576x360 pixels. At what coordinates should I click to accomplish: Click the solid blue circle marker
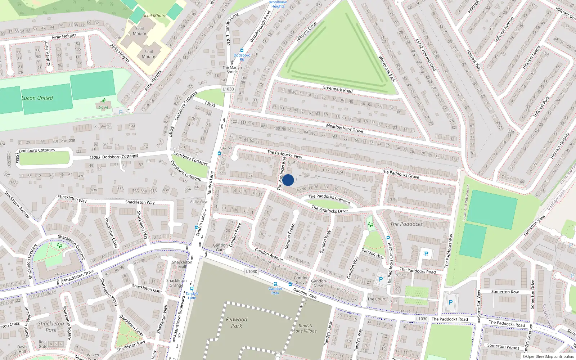pos(288,180)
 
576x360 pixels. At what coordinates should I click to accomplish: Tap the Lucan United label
pos(37,98)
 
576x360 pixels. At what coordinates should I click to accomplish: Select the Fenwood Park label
pos(237,323)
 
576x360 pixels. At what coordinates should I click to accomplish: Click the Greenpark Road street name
pos(337,89)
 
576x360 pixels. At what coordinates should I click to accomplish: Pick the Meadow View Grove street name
pos(345,128)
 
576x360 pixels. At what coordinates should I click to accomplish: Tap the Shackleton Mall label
pos(182,264)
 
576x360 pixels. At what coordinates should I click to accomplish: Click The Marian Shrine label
pos(232,69)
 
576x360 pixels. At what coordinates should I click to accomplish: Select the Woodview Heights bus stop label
pos(278,4)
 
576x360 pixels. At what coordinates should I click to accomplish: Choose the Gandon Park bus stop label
pos(275,291)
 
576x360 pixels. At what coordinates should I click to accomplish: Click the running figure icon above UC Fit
pos(104,101)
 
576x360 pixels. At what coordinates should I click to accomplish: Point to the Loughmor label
pos(102,126)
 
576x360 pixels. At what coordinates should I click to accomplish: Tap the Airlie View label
pos(199,202)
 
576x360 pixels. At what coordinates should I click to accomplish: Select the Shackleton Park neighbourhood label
pos(51,327)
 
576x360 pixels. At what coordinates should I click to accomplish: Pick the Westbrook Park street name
pos(387,68)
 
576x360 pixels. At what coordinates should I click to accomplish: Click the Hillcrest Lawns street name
pos(531,57)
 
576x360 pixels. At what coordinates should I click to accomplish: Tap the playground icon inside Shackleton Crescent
pos(59,245)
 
